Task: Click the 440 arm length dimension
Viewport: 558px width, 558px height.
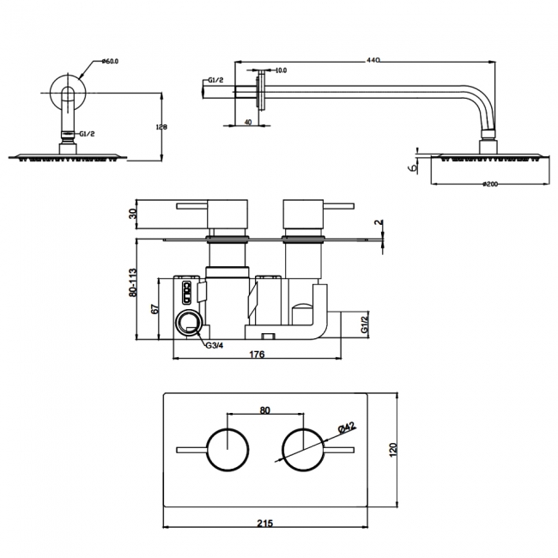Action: [x=373, y=59]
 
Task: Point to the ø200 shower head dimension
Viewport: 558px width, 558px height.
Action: [x=490, y=184]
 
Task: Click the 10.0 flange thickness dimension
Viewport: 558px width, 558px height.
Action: [x=281, y=70]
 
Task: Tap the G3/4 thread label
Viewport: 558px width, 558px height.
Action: [x=215, y=345]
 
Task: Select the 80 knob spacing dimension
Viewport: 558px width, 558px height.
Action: [x=264, y=409]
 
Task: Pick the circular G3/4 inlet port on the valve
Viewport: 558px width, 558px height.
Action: [x=188, y=324]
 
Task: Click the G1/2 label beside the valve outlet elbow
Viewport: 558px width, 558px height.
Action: [x=363, y=324]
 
